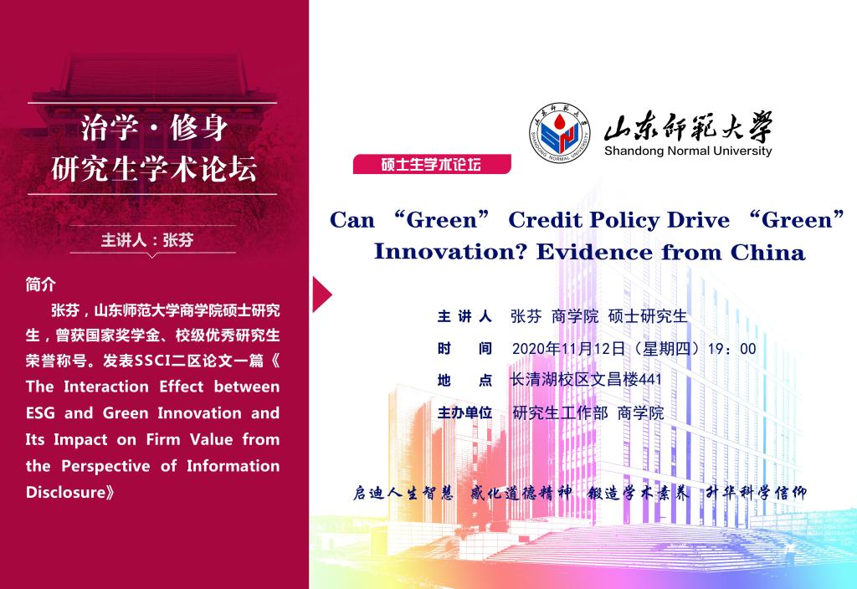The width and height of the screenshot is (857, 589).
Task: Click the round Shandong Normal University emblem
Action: point(560,133)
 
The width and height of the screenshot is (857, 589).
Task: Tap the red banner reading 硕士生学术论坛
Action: point(432,164)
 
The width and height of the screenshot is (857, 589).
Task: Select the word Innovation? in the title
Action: point(450,252)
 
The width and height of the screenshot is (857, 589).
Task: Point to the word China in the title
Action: point(767,253)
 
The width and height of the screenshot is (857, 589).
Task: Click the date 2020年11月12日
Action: point(568,349)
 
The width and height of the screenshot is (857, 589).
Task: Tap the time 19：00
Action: point(731,349)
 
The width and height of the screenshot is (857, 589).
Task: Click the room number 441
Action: point(649,379)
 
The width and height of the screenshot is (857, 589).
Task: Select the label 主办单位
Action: point(464,412)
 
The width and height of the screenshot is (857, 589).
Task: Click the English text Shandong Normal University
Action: point(688,151)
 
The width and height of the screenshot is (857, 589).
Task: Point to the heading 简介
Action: point(40,284)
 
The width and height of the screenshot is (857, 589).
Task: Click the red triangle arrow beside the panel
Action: point(322,294)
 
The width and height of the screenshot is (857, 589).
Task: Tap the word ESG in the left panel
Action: point(40,412)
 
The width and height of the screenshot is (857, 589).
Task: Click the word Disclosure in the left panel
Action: point(65,492)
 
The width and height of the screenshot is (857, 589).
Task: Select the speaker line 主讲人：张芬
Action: point(147,240)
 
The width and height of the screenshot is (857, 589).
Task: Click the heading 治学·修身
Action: point(154,128)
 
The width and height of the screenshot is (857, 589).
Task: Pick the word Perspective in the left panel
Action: point(105,466)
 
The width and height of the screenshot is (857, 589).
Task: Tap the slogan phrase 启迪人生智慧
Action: point(403,493)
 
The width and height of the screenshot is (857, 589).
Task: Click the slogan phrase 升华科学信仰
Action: point(756,493)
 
